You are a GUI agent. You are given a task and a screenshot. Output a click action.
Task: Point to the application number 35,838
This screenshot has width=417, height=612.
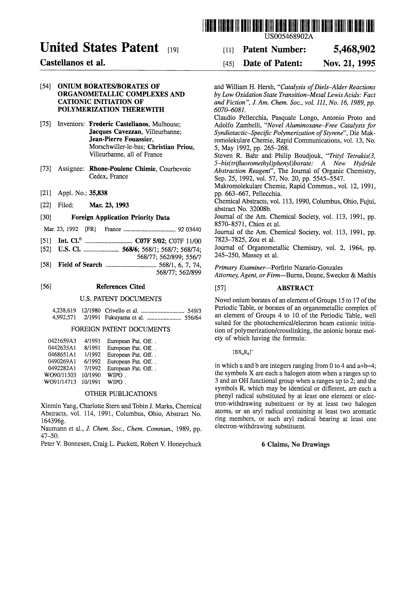coord(98,193)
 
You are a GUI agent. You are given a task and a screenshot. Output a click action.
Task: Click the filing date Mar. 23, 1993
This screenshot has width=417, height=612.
coord(109,205)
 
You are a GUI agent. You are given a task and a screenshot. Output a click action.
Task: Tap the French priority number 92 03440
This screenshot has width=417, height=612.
coord(189,229)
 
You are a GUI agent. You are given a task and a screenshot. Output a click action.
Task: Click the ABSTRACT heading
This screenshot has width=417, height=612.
coord(295,288)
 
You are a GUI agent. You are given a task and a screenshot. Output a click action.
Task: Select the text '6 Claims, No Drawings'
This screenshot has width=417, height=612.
coord(295,444)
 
